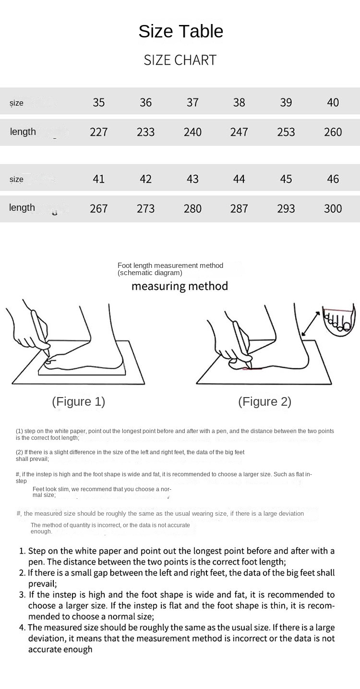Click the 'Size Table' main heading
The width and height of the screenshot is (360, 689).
[x=180, y=32]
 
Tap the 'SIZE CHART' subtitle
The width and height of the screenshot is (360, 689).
[x=180, y=60]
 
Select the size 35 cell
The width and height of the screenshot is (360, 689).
[x=99, y=102]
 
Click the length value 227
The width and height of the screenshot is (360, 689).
[x=99, y=132]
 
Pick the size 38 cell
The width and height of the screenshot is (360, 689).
[x=239, y=102]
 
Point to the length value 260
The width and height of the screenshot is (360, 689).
[x=333, y=132]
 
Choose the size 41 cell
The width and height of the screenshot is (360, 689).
[x=99, y=179]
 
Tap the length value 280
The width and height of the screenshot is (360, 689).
[x=192, y=208]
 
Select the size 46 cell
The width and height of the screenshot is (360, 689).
[x=333, y=179]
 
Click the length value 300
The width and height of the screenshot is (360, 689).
[x=333, y=208]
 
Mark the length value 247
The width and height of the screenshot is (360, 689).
[x=239, y=132]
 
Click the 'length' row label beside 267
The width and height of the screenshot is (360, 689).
[x=22, y=207]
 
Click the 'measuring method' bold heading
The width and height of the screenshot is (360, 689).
[x=180, y=287]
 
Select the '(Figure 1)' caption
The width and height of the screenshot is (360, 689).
[x=78, y=401]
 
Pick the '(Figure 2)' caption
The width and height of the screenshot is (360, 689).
[x=264, y=401]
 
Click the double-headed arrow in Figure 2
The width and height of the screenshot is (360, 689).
[x=310, y=323]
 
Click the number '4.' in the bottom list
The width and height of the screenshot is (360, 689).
[x=23, y=628]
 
